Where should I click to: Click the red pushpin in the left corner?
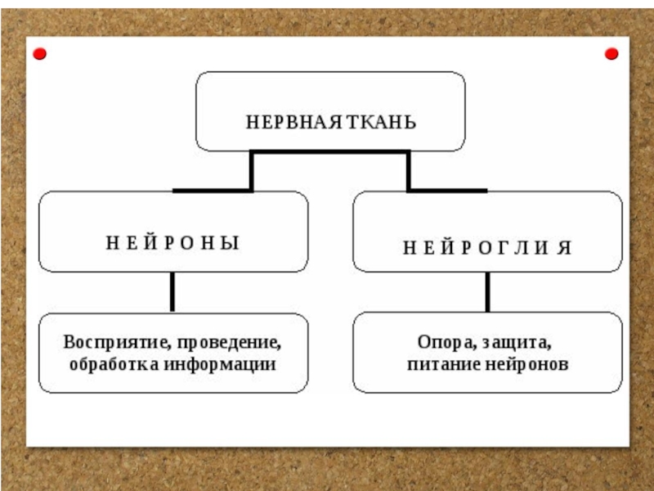click(x=39, y=54)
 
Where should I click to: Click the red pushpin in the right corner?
click(x=611, y=54)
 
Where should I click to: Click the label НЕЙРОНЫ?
click(x=172, y=243)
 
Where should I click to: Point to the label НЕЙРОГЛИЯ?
click(x=487, y=248)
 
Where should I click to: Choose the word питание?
click(x=441, y=364)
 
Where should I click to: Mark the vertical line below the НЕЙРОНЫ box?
click(x=172, y=291)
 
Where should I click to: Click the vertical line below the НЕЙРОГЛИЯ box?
click(x=487, y=291)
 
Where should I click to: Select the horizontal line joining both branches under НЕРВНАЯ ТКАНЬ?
click(x=329, y=152)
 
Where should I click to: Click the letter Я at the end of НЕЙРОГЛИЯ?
click(x=565, y=248)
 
